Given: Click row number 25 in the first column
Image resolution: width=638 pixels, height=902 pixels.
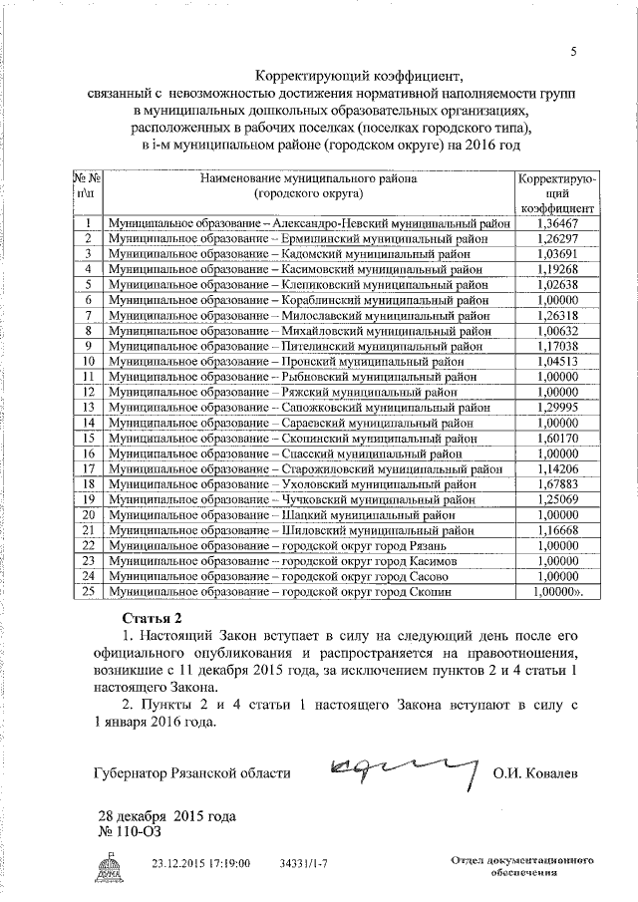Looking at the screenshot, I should tap(88, 591).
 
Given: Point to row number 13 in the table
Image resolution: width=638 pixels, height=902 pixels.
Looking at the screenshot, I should tap(88, 408).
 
